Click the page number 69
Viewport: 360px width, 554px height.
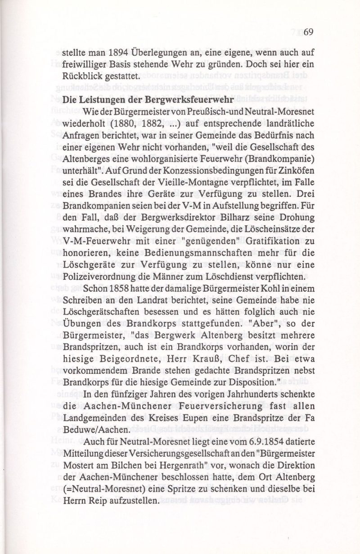[308, 32]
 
